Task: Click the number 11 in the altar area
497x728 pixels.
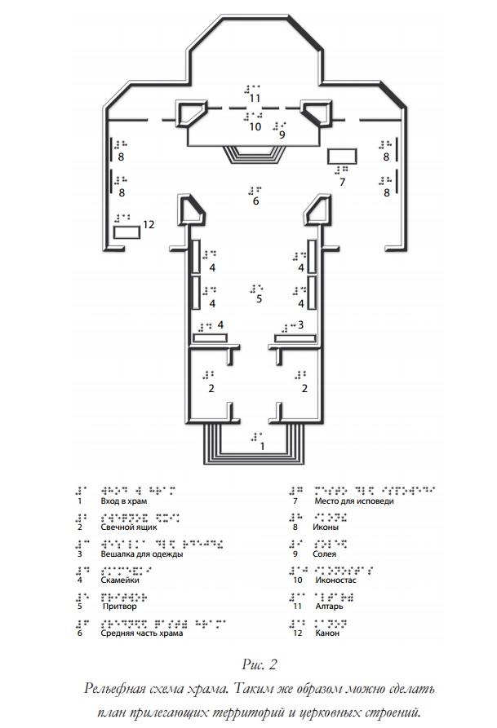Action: pyautogui.click(x=255, y=99)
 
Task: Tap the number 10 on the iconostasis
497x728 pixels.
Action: pyautogui.click(x=255, y=127)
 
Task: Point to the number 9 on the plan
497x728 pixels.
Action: pyautogui.click(x=282, y=135)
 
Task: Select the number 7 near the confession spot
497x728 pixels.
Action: pyautogui.click(x=343, y=183)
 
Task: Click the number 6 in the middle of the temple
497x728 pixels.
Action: pyautogui.click(x=255, y=201)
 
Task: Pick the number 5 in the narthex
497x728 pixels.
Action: pyautogui.click(x=259, y=299)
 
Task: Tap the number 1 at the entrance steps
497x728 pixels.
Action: pyautogui.click(x=261, y=447)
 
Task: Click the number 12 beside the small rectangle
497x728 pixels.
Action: pyautogui.click(x=148, y=224)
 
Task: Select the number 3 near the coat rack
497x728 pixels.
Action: pyautogui.click(x=301, y=324)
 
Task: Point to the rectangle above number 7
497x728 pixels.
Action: pyautogui.click(x=341, y=156)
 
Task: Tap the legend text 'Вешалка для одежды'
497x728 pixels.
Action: pyautogui.click(x=141, y=554)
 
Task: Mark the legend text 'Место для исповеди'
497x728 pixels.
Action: pyautogui.click(x=355, y=501)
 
